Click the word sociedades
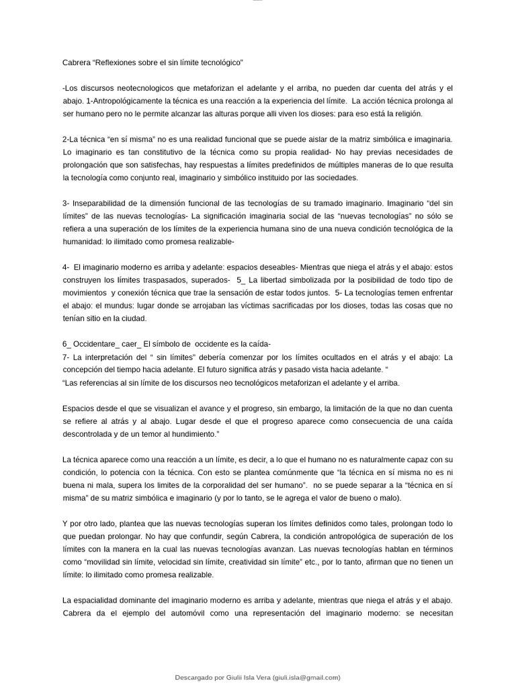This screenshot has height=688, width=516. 339,177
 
